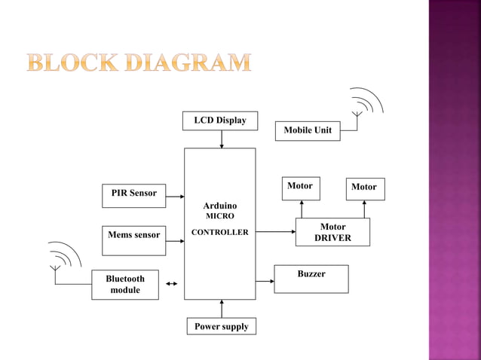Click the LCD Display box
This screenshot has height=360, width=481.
(x=219, y=121)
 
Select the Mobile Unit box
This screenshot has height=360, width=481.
(x=308, y=131)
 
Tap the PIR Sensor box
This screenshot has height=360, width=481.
(x=133, y=194)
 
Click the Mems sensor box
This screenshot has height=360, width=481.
(x=133, y=235)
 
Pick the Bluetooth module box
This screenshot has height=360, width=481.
(x=125, y=285)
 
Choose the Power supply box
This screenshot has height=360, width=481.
(x=222, y=327)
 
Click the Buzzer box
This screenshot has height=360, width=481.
(x=311, y=279)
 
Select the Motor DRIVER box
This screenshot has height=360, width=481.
(x=332, y=232)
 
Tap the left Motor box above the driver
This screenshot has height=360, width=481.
(x=300, y=187)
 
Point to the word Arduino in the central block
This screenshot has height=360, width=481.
(x=219, y=206)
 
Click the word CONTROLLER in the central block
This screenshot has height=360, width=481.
(x=219, y=233)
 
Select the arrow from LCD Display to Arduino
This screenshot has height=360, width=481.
(x=222, y=139)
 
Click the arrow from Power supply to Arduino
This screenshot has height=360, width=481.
(x=222, y=309)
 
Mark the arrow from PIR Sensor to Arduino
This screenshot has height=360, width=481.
(x=175, y=197)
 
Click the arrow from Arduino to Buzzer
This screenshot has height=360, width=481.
(x=265, y=281)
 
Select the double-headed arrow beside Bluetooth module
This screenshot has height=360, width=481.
(x=172, y=284)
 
